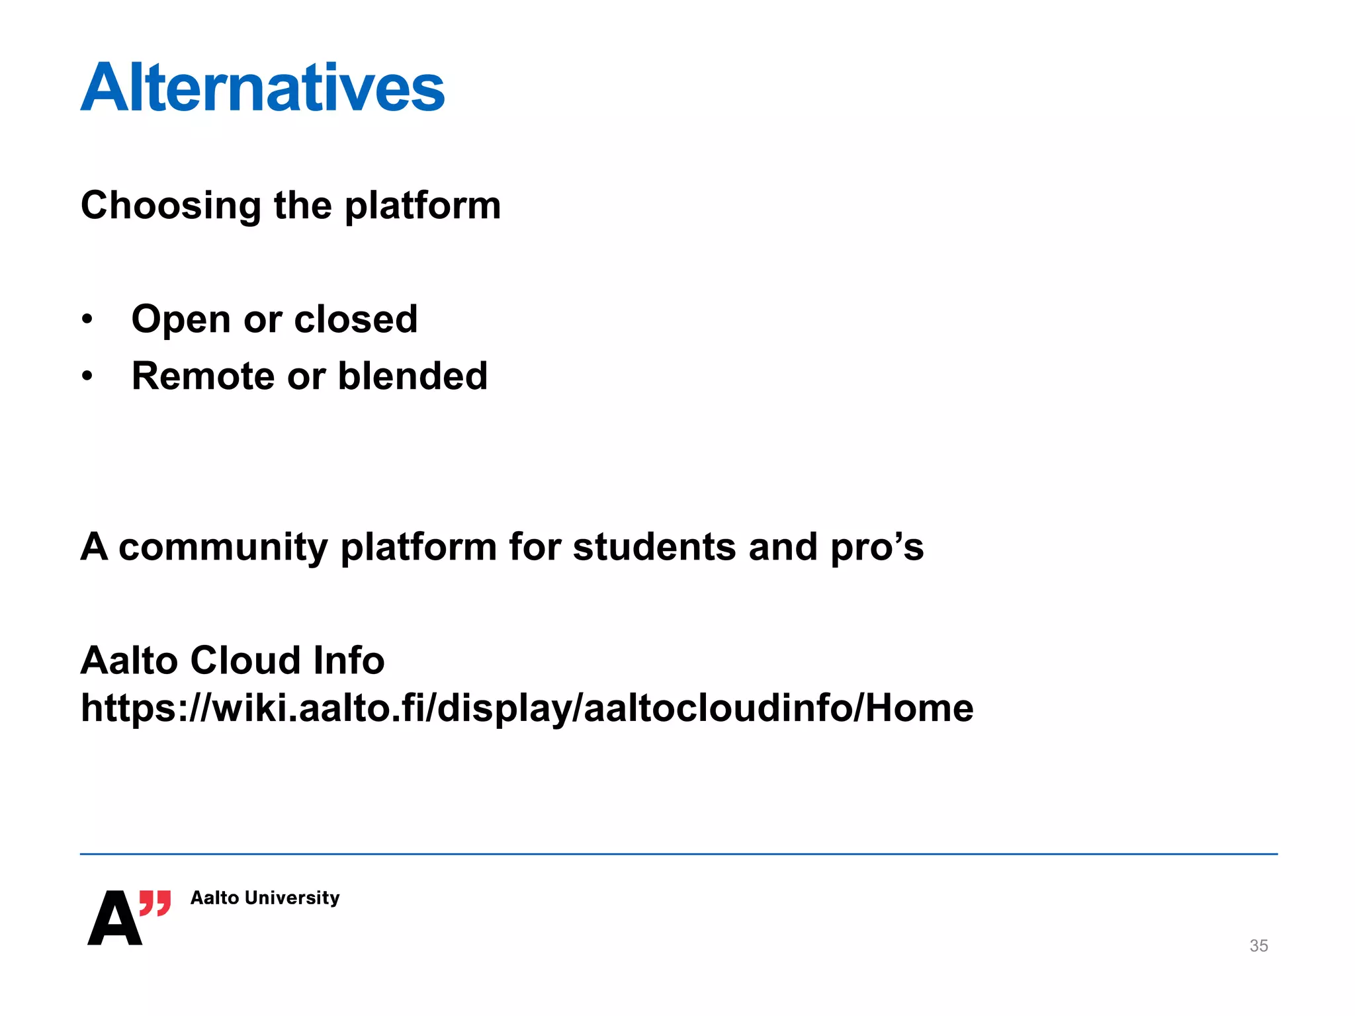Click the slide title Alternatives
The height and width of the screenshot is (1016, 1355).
263,87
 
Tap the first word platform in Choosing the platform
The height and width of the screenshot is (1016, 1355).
423,206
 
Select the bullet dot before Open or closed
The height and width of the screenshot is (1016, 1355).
87,319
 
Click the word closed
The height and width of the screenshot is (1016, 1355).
355,319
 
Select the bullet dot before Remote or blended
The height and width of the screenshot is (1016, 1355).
87,376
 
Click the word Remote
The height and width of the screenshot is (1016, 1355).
202,376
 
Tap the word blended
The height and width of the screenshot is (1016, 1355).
412,376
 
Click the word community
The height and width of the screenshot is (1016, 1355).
223,548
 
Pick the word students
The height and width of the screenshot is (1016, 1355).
654,548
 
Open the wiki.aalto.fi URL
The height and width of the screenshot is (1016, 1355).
527,708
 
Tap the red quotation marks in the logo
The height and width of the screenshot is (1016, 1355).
155,903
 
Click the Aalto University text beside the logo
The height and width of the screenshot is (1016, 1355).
265,898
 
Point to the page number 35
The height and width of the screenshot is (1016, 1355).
1258,946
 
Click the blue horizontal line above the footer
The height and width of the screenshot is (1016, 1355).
678,854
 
